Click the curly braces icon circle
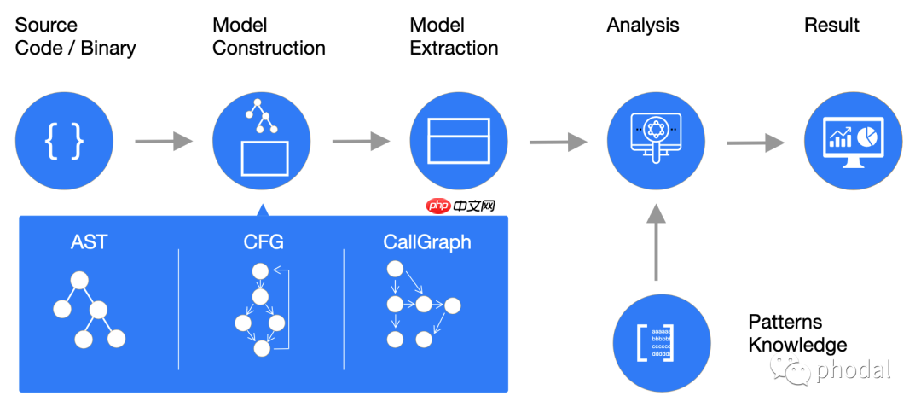[x=64, y=141]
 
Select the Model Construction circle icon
[x=261, y=141]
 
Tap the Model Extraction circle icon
[x=459, y=141]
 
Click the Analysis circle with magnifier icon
[x=656, y=141]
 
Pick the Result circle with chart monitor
[x=853, y=141]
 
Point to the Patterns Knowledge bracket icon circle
[x=662, y=342]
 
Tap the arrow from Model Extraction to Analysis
[x=558, y=142]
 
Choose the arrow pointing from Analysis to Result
[x=756, y=143]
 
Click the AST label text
[x=90, y=242]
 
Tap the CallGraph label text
[x=426, y=242]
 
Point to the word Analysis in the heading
[x=643, y=26]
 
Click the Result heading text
[x=831, y=26]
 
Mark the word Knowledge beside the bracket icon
[x=798, y=345]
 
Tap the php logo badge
[x=437, y=206]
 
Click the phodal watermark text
[x=853, y=369]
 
